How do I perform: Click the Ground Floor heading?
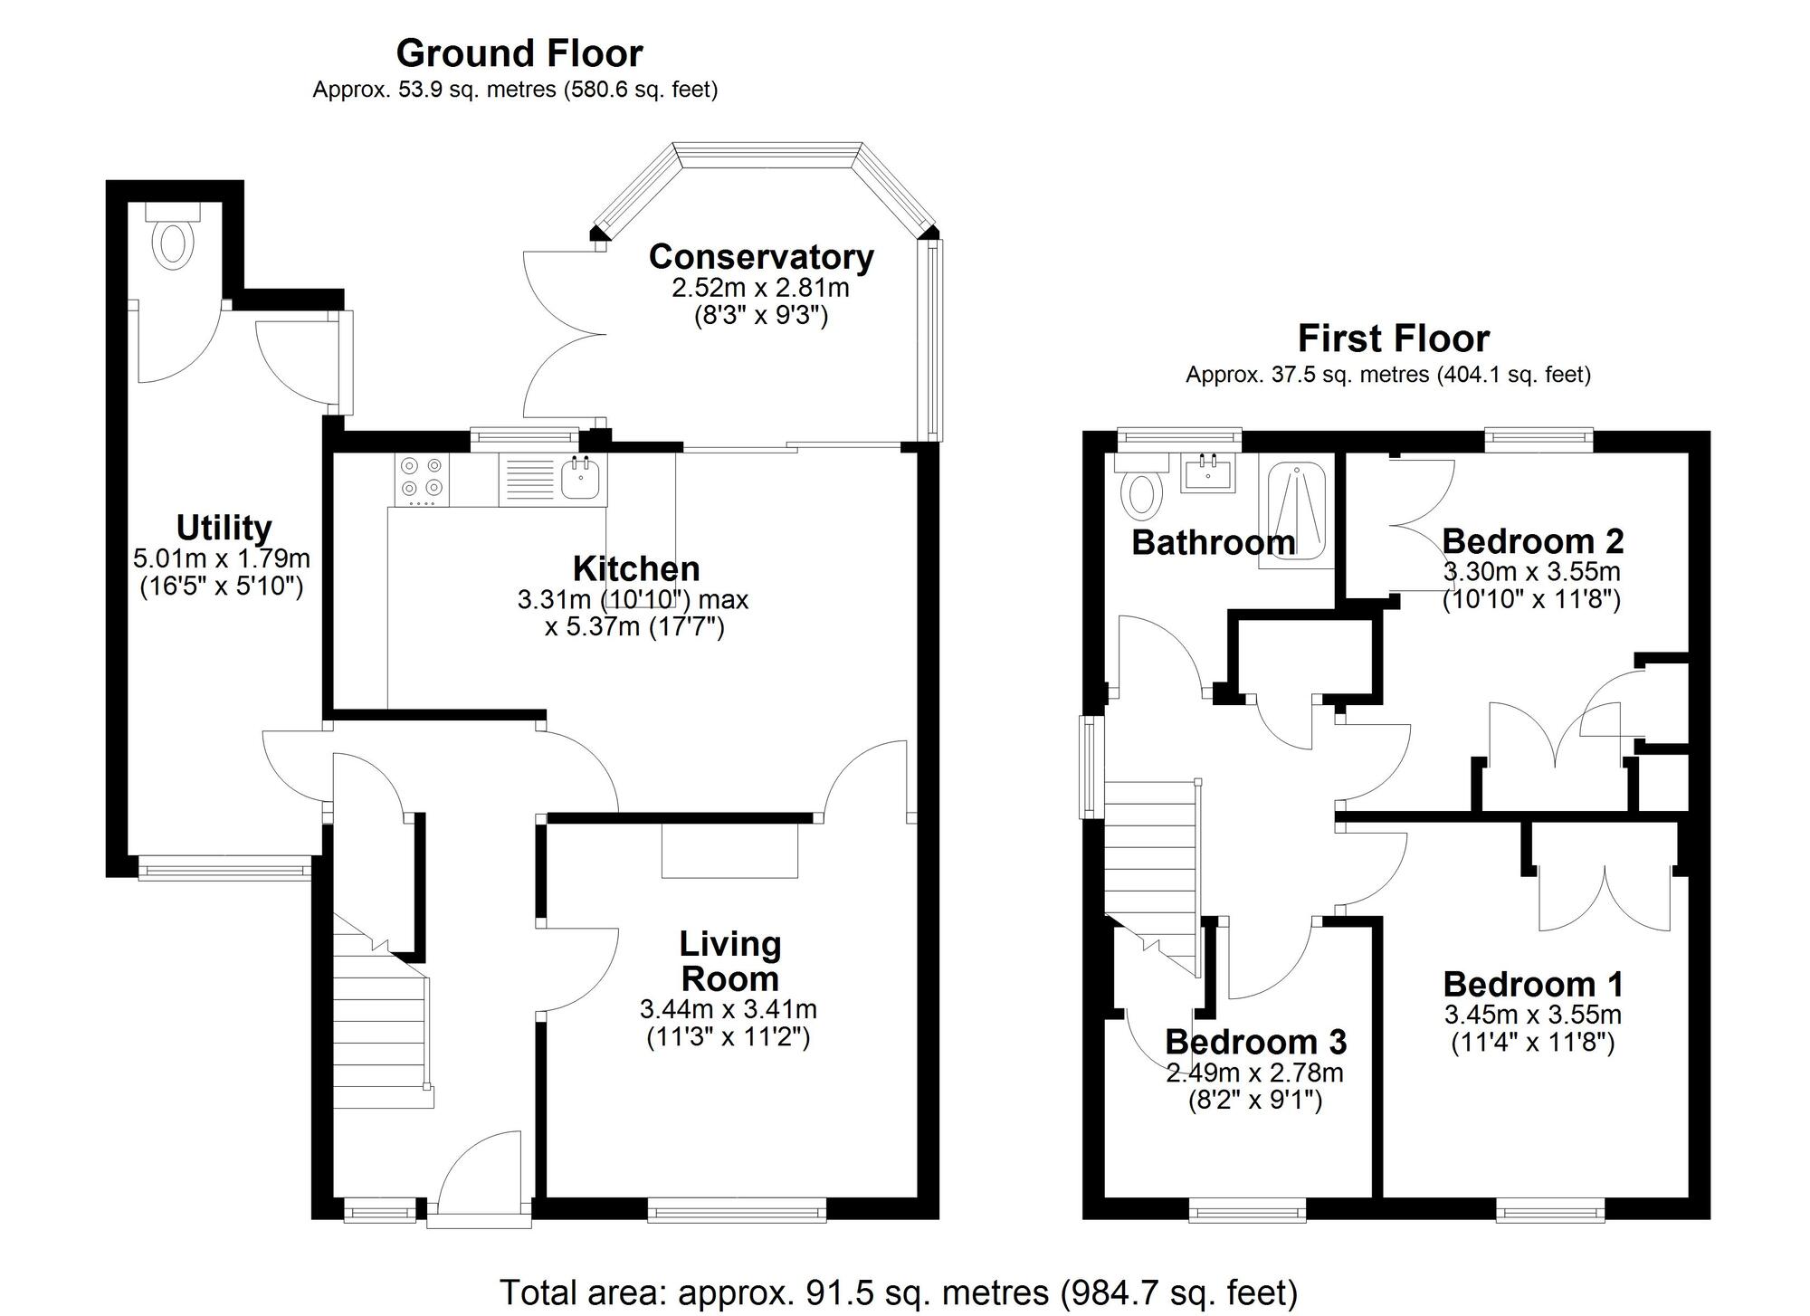pos(519,53)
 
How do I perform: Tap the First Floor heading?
pos(1393,339)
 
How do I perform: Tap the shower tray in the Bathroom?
pos(1297,513)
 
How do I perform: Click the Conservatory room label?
pos(761,257)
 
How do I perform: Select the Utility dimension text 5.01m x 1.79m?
pos(222,558)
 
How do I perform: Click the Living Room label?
pos(729,961)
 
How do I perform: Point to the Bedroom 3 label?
pos(1255,1042)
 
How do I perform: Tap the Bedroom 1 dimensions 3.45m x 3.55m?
pos(1533,1015)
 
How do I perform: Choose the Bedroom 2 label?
pos(1532,541)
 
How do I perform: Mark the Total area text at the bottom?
pos(898,1292)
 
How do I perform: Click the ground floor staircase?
pos(380,1023)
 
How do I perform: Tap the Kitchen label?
pos(636,569)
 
